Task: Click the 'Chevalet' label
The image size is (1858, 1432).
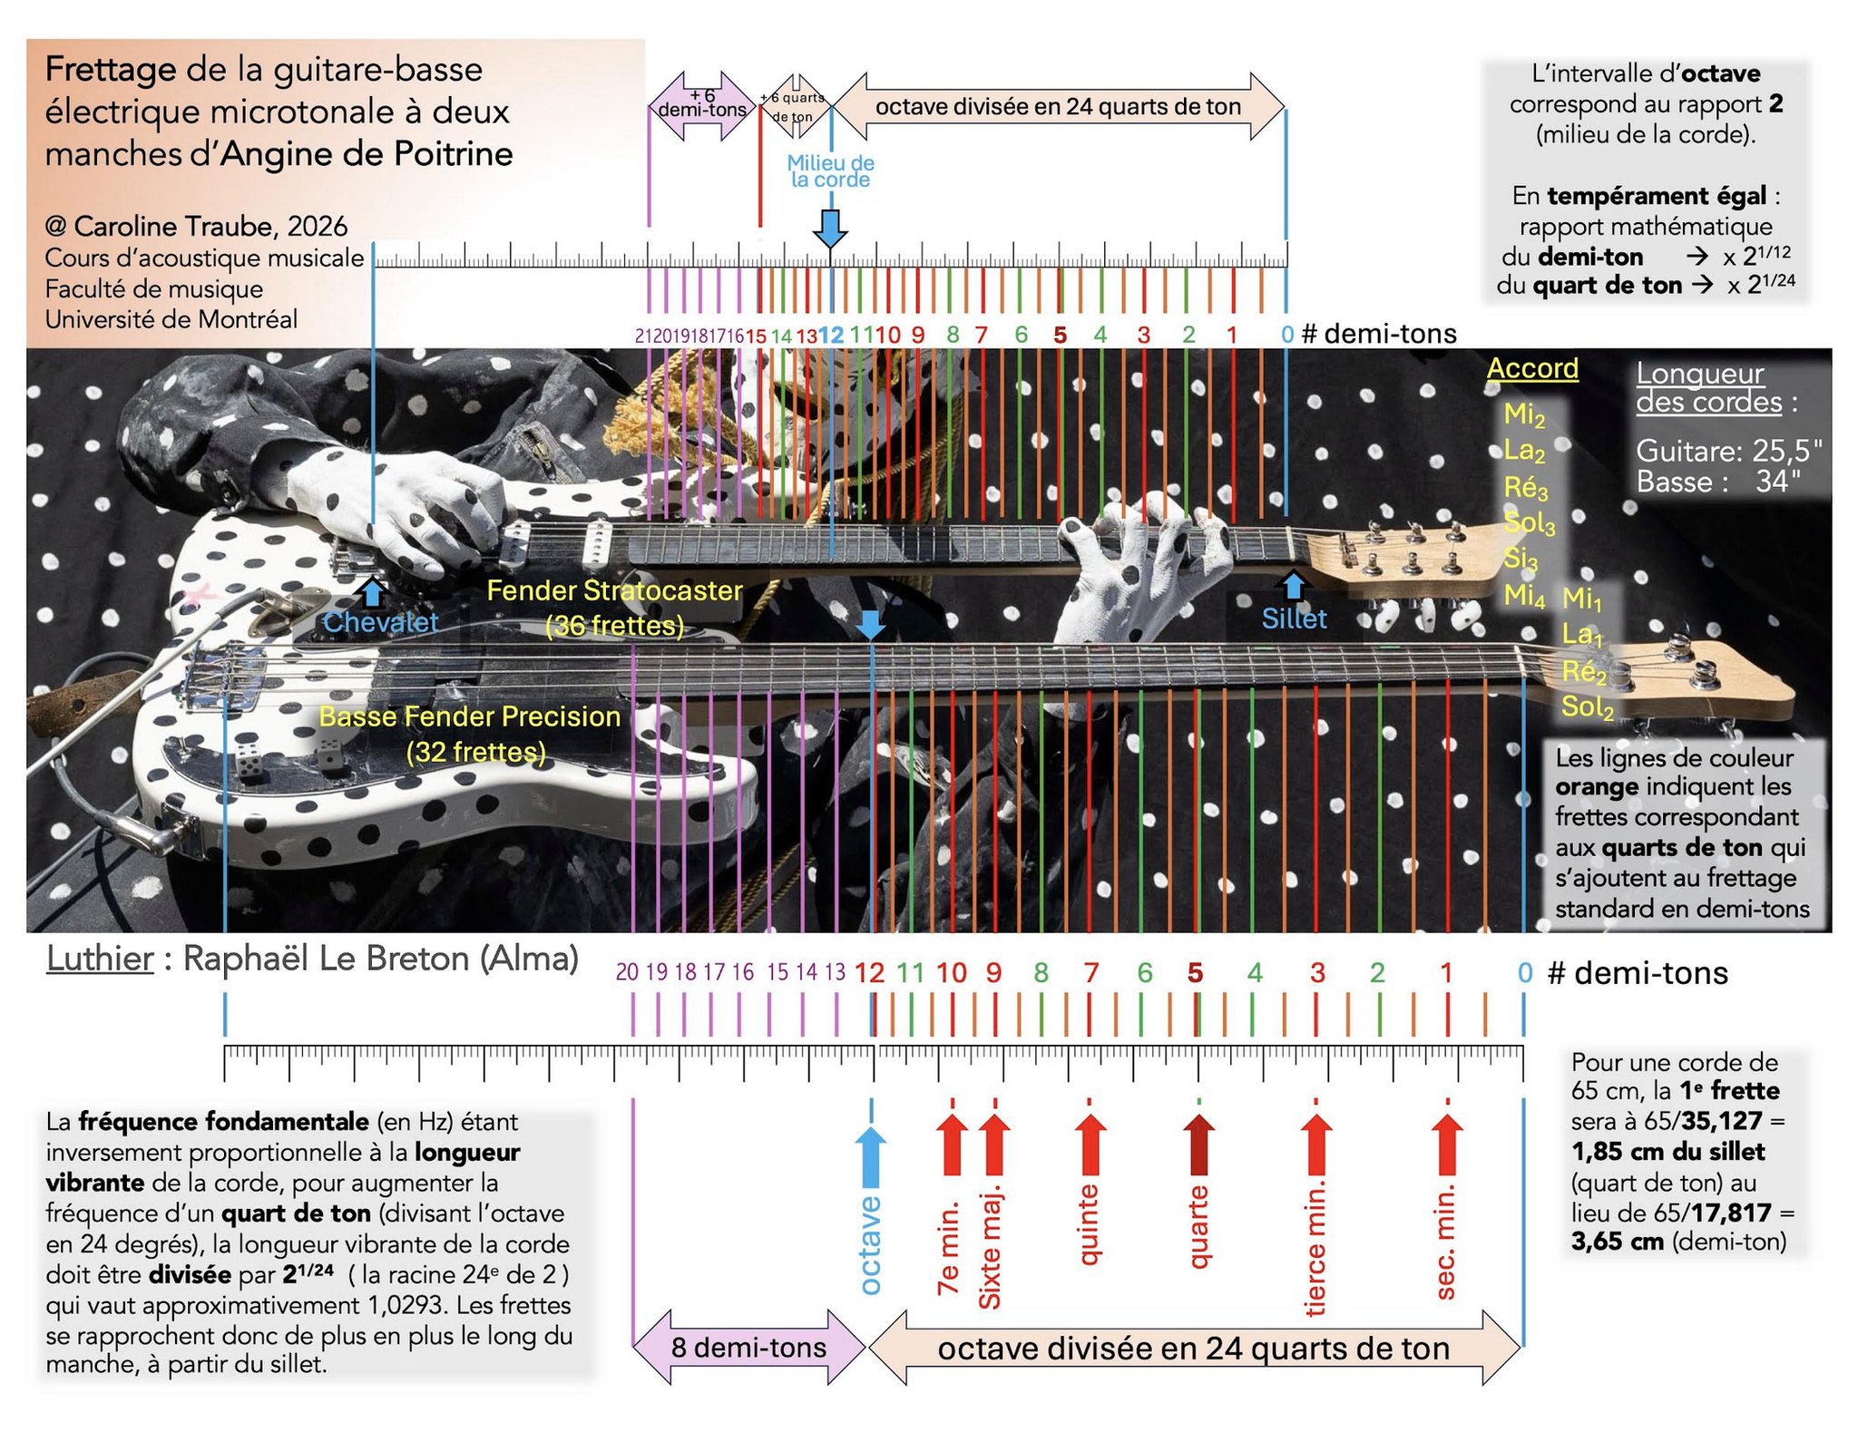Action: pyautogui.click(x=380, y=622)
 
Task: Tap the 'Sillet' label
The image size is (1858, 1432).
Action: pyautogui.click(x=1294, y=619)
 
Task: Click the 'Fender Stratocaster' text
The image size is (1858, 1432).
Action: pyautogui.click(x=614, y=590)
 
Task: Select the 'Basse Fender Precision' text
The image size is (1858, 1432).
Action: pyautogui.click(x=470, y=716)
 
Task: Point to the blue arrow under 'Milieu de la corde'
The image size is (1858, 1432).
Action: pyautogui.click(x=830, y=229)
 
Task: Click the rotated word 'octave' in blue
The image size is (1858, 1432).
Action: pyautogui.click(x=869, y=1245)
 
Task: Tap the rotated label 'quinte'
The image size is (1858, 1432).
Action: pyautogui.click(x=1089, y=1224)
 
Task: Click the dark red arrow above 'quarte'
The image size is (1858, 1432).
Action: pyautogui.click(x=1198, y=1145)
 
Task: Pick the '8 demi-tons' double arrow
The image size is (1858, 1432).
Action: pyautogui.click(x=748, y=1348)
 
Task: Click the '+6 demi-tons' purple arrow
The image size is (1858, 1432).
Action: pyautogui.click(x=703, y=106)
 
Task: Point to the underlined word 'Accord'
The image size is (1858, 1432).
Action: pyautogui.click(x=1532, y=368)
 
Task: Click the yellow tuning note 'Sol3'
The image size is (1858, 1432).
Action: pyautogui.click(x=1529, y=524)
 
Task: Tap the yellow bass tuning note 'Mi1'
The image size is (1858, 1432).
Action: pyautogui.click(x=1582, y=599)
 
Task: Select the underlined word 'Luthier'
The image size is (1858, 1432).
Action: pyautogui.click(x=100, y=959)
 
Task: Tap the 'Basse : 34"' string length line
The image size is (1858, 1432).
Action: pyautogui.click(x=1718, y=482)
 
